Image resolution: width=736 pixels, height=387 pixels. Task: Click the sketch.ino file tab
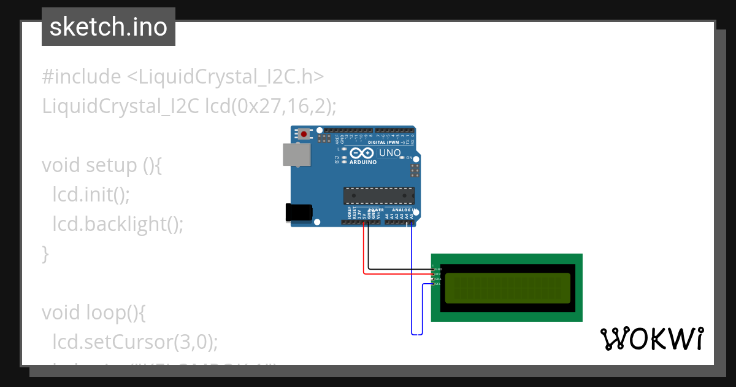click(108, 27)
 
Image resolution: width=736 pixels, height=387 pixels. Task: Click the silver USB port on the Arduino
click(296, 154)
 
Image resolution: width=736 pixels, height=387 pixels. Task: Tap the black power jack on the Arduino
click(298, 212)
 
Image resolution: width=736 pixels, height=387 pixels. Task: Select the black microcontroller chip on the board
click(378, 195)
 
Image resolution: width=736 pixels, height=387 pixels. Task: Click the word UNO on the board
click(390, 153)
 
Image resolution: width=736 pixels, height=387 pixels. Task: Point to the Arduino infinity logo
click(362, 153)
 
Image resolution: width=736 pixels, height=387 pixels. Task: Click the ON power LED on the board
click(402, 158)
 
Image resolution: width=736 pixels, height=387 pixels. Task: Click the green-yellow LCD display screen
click(507, 287)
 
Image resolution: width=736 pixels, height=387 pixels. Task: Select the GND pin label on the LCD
click(438, 269)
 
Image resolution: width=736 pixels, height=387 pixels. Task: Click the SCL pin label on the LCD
click(437, 284)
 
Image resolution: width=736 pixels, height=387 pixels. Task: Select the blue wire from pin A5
click(412, 283)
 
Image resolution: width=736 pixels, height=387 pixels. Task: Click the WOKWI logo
click(651, 338)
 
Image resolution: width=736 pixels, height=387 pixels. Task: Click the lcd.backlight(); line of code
click(118, 224)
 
